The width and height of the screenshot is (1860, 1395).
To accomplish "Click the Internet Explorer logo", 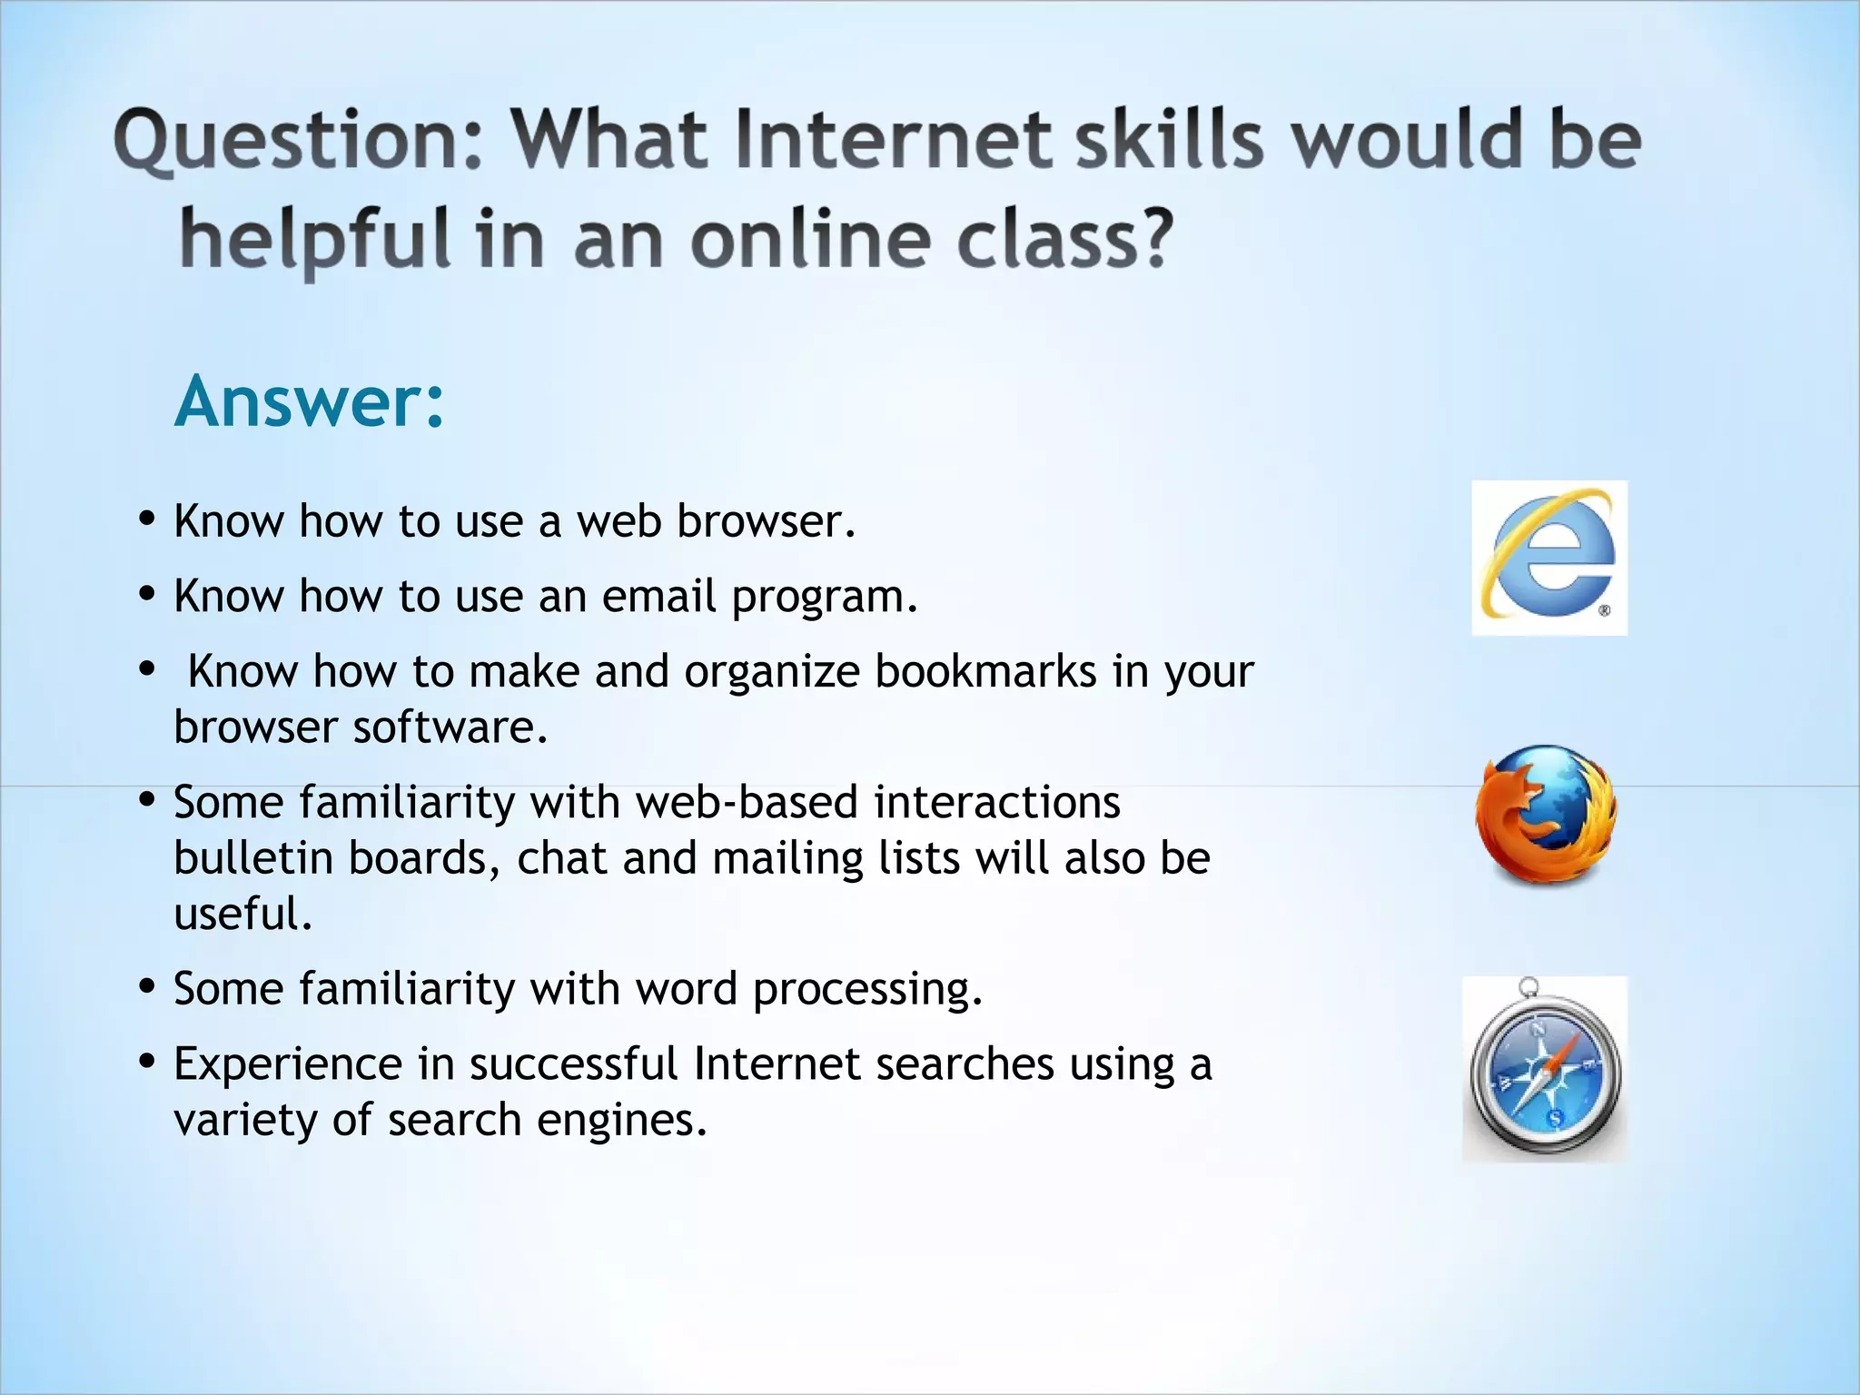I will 1549,558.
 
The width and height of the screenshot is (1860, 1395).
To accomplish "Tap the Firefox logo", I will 1546,815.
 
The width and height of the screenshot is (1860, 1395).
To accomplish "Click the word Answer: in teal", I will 310,401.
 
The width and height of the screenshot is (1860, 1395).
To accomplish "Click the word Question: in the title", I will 299,142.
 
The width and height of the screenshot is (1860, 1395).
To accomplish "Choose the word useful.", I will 243,915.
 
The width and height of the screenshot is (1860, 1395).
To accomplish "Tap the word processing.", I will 867,989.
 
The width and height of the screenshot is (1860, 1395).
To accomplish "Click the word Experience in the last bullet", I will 288,1064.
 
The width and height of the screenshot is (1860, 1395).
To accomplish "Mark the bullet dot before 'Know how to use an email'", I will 147,595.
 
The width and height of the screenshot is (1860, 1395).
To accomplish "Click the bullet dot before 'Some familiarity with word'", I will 147,986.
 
